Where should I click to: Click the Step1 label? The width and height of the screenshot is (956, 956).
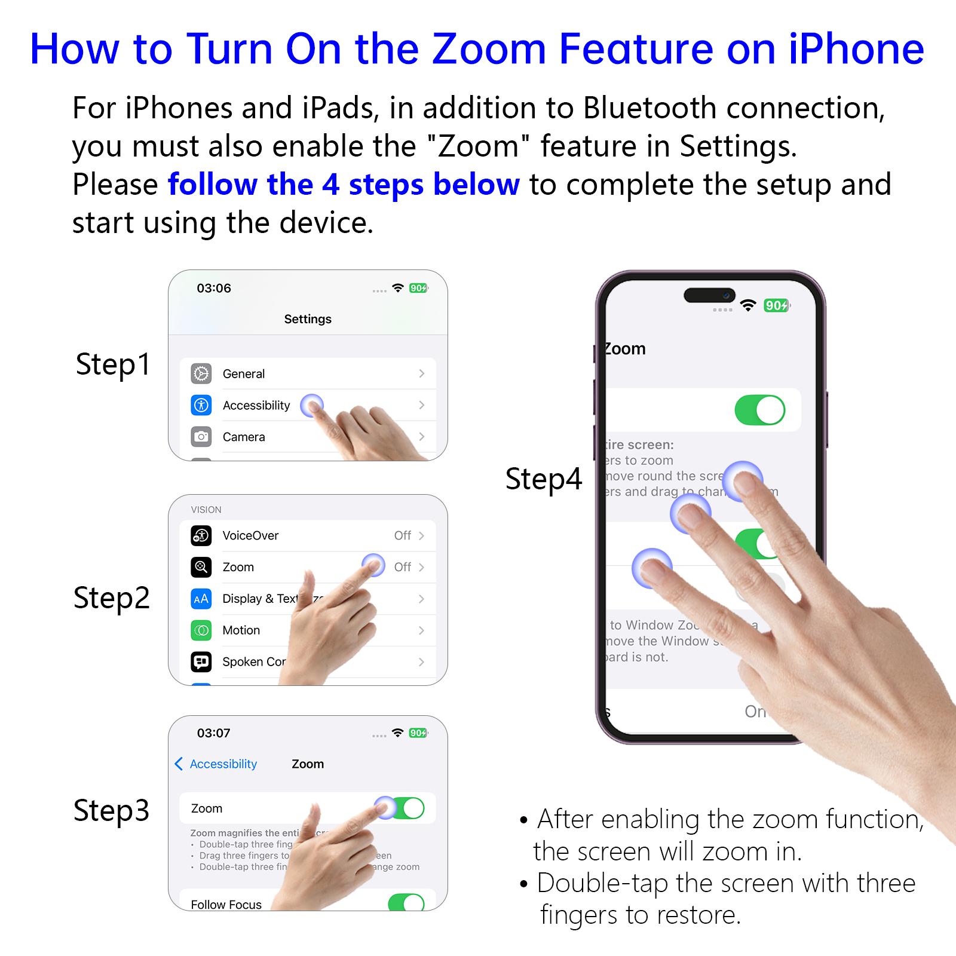[x=113, y=364]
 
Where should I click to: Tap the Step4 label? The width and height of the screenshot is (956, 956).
[x=543, y=479]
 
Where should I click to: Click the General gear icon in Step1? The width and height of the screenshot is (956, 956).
[x=201, y=373]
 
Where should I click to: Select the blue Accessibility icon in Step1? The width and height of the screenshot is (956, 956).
[x=201, y=405]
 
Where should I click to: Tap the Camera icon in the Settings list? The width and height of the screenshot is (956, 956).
[x=201, y=437]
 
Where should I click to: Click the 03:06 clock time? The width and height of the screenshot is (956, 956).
[x=214, y=288]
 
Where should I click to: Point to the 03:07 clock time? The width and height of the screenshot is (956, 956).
[x=214, y=733]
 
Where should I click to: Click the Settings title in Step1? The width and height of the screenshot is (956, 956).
[x=308, y=319]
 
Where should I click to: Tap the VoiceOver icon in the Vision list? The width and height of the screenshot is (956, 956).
[x=201, y=535]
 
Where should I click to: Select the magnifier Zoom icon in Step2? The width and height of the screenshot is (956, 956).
[x=201, y=567]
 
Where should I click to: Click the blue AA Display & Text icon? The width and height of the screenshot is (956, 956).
[x=201, y=599]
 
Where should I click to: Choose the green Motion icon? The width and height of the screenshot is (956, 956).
[x=201, y=630]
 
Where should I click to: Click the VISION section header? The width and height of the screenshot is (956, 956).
[x=206, y=510]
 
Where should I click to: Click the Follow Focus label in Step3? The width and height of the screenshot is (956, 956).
[x=226, y=904]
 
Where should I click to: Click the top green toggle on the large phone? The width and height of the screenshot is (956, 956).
[x=759, y=410]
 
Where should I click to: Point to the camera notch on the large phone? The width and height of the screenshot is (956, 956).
[x=709, y=295]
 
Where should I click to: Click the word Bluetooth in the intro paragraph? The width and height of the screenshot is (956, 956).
[x=649, y=108]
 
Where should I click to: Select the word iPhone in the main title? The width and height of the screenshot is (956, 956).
[x=856, y=49]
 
